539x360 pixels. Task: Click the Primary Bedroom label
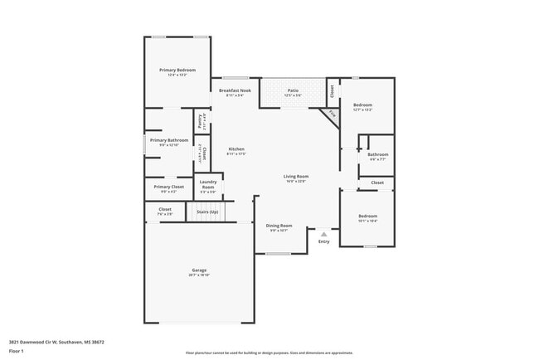pyautogui.click(x=177, y=71)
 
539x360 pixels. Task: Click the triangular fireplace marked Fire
pyautogui.click(x=332, y=114)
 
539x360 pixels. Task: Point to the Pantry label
pyautogui.click(x=201, y=121)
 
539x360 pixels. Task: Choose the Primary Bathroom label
pyautogui.click(x=169, y=140)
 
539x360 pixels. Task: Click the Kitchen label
pyautogui.click(x=236, y=149)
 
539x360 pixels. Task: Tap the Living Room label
pyautogui.click(x=296, y=176)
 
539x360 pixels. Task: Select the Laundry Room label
pyautogui.click(x=208, y=184)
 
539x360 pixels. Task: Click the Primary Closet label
pyautogui.click(x=168, y=187)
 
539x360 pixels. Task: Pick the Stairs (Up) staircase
pyautogui.click(x=207, y=212)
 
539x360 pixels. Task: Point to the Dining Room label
pyautogui.click(x=279, y=226)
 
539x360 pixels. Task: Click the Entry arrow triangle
pyautogui.click(x=323, y=234)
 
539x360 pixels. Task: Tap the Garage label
pyautogui.click(x=199, y=270)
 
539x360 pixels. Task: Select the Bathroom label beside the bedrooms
pyautogui.click(x=378, y=154)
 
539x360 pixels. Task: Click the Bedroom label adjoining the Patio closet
pyautogui.click(x=362, y=105)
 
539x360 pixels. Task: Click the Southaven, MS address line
pyautogui.click(x=56, y=341)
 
